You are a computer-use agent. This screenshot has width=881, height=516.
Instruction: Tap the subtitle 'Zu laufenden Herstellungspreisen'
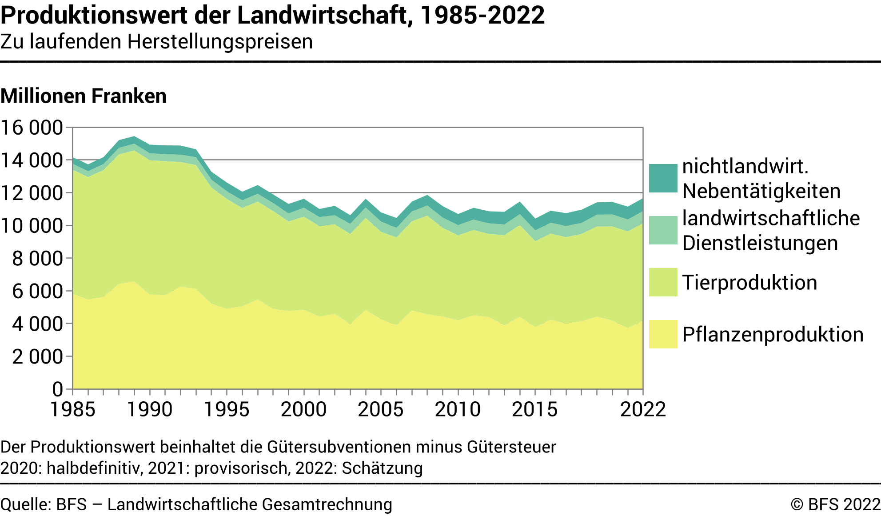pos(156,42)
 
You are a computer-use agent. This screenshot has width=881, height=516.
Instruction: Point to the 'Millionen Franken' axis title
pos(84,96)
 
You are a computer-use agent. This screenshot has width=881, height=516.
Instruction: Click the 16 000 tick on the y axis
pos(32,128)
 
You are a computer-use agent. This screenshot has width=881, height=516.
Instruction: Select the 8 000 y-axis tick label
pos(37,258)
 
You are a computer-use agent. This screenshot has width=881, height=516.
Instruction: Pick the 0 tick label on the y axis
pos(58,389)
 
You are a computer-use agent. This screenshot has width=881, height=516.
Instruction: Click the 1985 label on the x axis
pos(73,409)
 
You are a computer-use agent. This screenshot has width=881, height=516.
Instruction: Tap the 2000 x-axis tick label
pos(304,409)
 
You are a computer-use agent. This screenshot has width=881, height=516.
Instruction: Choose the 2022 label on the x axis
pos(643,409)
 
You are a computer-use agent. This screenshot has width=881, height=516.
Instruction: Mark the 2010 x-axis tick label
pos(458,409)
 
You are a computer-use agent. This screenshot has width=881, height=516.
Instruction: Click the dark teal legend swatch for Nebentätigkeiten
pos(663,178)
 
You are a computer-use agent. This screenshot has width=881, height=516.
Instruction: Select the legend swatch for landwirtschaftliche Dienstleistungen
pos(663,230)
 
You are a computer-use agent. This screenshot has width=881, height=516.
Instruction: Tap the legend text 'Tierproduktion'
pos(749,283)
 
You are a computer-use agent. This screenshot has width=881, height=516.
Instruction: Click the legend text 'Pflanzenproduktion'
pos(773,335)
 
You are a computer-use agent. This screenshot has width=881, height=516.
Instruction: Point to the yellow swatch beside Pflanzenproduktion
pos(663,334)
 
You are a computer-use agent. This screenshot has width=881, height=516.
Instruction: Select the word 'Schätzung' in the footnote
pos(382,468)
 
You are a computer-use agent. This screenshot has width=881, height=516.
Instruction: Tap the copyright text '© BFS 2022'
pos(835,504)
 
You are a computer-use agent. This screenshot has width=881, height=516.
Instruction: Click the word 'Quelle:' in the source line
pos(26,504)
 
